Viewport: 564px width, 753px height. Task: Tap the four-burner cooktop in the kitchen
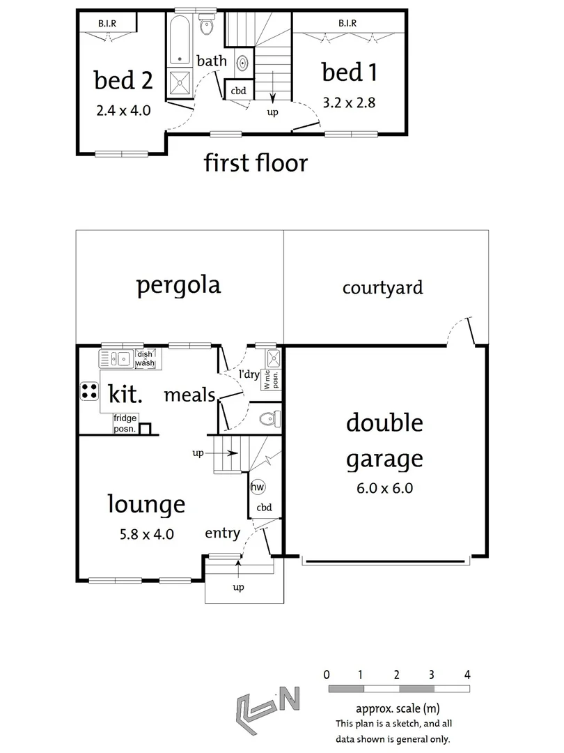90,391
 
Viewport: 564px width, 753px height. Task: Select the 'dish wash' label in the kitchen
145,358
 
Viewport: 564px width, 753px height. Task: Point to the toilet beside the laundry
269,419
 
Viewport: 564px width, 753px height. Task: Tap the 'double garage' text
384,441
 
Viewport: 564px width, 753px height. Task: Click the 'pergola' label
178,285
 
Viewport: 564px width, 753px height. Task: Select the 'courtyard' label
382,287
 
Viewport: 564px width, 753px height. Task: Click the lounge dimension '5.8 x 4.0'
146,535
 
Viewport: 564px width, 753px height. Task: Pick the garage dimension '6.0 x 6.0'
384,488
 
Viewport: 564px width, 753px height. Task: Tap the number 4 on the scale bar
467,674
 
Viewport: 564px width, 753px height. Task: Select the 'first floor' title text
256,163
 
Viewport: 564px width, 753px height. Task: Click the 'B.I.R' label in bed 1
347,23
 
